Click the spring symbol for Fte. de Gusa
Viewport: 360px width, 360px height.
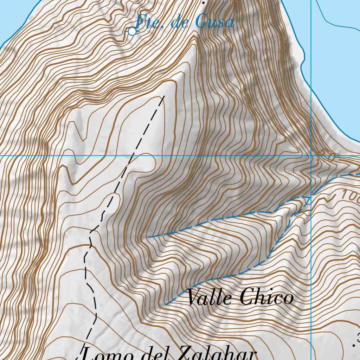(132, 32)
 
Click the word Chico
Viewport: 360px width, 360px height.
(267, 298)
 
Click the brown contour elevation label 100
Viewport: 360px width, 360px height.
(350, 194)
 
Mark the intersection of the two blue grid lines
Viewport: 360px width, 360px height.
(311, 155)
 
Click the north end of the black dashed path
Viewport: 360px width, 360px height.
(164, 96)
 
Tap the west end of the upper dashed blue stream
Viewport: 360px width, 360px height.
(149, 237)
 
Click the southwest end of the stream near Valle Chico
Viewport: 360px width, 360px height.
(165, 304)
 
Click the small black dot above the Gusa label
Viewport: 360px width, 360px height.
(203, 2)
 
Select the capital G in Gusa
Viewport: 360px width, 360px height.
(201, 22)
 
